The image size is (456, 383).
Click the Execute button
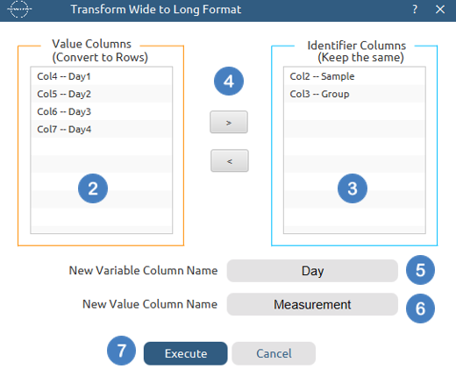coord(185,353)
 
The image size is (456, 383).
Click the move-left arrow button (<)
coord(230,160)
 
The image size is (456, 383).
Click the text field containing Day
coord(312,271)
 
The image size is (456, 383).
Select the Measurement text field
coord(312,304)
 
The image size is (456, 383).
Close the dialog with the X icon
coord(440,10)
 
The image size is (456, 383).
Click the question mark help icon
coord(415,10)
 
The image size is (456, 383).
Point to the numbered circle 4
coord(229,81)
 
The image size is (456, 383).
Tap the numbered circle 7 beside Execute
coord(121,351)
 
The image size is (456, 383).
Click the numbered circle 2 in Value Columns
coord(93,188)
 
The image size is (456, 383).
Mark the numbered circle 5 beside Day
coord(420,270)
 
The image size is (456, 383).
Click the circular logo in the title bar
coord(19,10)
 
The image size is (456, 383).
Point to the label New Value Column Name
coord(150,304)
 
